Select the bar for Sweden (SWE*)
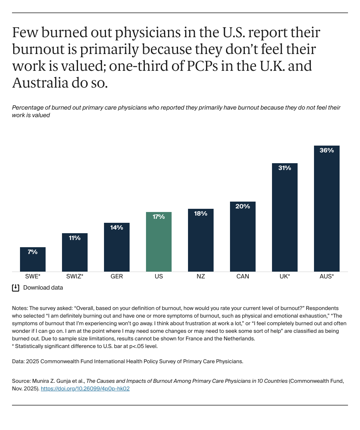[x=33, y=260]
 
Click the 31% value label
[x=285, y=168]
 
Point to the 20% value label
[x=243, y=206]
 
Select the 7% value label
[x=33, y=252]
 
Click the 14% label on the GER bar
[x=117, y=228]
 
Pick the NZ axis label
[x=201, y=276]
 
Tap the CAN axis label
[x=243, y=276]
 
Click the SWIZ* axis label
[x=75, y=276]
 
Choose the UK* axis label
[x=285, y=276]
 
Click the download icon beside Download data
[x=16, y=288]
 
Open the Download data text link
[x=43, y=288]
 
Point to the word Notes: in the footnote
[x=20, y=308]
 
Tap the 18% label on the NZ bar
[x=201, y=214]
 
